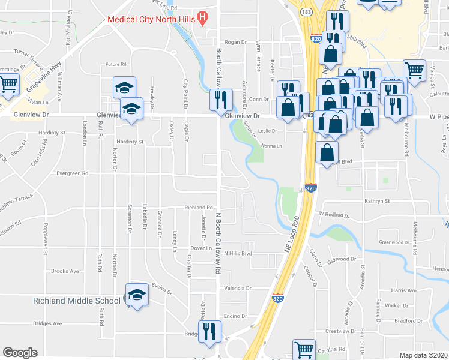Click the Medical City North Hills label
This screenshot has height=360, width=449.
(x=152, y=19)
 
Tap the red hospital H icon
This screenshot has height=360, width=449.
(x=203, y=18)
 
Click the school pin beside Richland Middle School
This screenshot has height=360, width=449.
(x=137, y=295)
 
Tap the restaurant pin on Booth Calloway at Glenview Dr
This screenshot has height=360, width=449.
(x=221, y=100)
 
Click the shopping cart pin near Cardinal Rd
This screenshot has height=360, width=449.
(x=304, y=350)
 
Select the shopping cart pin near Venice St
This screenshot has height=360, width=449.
(x=414, y=71)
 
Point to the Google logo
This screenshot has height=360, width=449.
(x=20, y=353)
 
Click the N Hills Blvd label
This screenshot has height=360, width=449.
(x=237, y=253)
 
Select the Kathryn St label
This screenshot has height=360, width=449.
(x=377, y=201)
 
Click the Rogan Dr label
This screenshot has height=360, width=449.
(x=236, y=43)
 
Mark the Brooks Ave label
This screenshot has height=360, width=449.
(x=65, y=271)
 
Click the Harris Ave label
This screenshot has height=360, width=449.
(x=403, y=290)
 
